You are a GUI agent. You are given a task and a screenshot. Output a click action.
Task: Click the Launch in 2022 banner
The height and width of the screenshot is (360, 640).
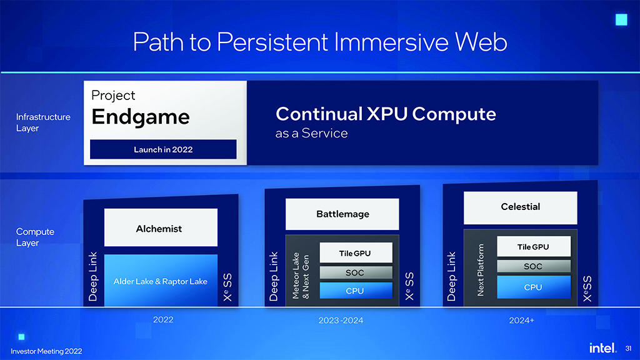click(163, 149)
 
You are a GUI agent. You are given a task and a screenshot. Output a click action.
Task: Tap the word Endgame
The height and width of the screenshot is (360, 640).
click(141, 117)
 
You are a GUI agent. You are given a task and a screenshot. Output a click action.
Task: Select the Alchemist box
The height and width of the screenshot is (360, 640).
click(161, 227)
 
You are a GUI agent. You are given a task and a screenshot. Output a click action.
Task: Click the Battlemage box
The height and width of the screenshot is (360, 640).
click(342, 214)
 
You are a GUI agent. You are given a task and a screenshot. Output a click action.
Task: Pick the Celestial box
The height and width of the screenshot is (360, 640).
click(521, 207)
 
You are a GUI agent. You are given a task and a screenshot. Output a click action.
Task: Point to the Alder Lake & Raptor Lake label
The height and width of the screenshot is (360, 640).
click(161, 282)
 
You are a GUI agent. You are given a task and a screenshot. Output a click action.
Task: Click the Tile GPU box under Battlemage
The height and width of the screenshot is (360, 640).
click(356, 253)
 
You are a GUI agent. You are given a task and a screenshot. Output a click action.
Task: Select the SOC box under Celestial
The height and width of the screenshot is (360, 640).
click(534, 266)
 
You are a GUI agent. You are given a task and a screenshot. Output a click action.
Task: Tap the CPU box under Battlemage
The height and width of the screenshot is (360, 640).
click(356, 291)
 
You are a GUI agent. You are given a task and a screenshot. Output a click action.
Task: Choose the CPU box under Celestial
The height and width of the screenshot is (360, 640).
click(534, 287)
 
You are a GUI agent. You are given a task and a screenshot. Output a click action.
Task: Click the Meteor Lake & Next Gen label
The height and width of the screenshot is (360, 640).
click(301, 276)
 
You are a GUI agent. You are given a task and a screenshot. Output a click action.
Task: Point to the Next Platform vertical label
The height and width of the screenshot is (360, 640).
click(481, 270)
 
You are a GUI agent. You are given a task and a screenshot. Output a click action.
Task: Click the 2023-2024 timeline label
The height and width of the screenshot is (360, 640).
click(341, 321)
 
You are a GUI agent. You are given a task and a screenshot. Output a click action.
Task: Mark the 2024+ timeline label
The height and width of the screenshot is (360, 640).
click(522, 321)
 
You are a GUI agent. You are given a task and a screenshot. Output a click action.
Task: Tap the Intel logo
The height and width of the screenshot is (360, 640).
click(602, 347)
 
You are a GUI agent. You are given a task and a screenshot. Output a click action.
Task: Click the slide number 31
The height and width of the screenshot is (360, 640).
click(629, 349)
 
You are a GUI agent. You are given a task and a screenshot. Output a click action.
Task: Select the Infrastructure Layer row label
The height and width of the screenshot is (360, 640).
click(43, 122)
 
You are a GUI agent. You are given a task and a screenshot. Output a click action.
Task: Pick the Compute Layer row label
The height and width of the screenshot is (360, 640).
click(35, 237)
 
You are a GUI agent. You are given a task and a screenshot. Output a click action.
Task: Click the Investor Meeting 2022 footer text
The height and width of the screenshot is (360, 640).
click(46, 351)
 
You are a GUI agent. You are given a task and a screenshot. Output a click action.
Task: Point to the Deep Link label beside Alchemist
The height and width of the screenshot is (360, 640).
click(93, 276)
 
